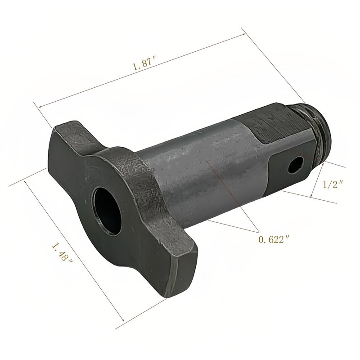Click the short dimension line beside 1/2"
coord(318,180)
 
